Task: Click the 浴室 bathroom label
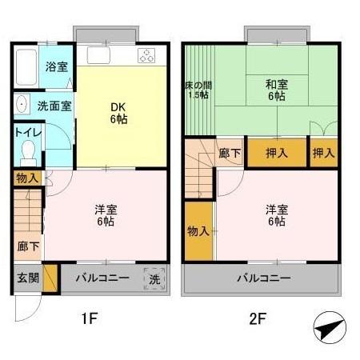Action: [x=55, y=66]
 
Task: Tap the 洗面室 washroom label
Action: [x=54, y=105]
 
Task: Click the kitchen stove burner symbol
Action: [x=146, y=56]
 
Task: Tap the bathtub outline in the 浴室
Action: [x=26, y=68]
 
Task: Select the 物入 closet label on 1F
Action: [x=26, y=178]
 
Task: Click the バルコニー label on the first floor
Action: [x=102, y=278]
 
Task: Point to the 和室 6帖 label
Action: [x=276, y=89]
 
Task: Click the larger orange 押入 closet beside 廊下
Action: [x=277, y=153]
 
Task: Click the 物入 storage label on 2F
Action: [x=198, y=231]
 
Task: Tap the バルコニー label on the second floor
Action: [x=263, y=278]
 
